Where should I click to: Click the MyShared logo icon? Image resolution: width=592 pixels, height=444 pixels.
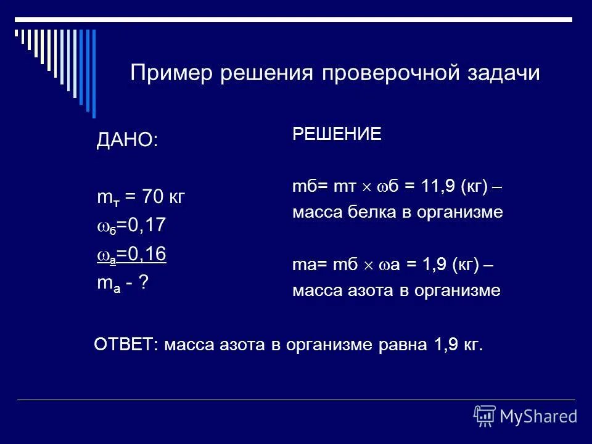click(x=485, y=416)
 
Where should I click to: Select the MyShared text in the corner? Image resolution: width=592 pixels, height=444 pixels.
click(x=539, y=416)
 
